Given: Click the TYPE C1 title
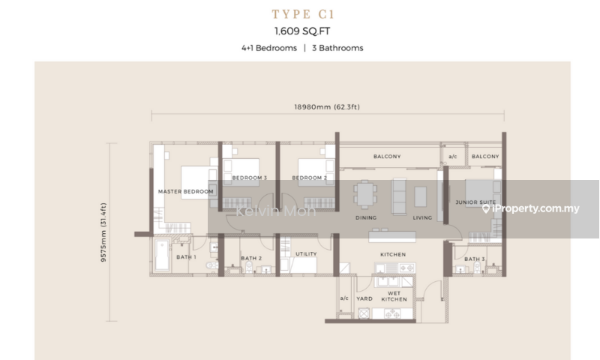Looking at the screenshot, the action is coord(303,14).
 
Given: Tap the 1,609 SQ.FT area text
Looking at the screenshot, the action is coord(302,31).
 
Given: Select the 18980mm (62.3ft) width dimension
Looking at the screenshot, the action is coord(327,106).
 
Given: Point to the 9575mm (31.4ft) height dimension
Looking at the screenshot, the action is coord(103,232).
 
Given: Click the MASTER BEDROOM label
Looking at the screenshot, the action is coord(185,191).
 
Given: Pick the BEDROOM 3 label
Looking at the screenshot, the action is coord(250,178).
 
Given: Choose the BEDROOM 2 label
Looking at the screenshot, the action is coord(310,178).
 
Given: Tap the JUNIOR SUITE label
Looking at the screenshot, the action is coord(475,202).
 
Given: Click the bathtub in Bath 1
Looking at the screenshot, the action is coord(162,255).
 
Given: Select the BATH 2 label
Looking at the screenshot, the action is coord(251,258).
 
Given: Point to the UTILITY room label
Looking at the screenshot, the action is coord(306,253).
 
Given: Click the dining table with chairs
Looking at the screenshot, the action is coord(365,195).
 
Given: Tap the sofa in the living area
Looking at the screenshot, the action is coord(400,196).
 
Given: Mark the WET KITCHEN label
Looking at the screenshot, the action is coord(394,296).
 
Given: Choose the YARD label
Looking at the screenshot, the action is coord(364,298).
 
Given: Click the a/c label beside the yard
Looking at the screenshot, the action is coord(344,298).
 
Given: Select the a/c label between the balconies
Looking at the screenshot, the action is coord(453,156).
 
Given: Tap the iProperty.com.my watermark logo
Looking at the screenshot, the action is coord(531,208).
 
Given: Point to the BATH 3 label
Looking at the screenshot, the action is coord(475,259).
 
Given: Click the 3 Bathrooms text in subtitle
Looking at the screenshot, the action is coord(337,48).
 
